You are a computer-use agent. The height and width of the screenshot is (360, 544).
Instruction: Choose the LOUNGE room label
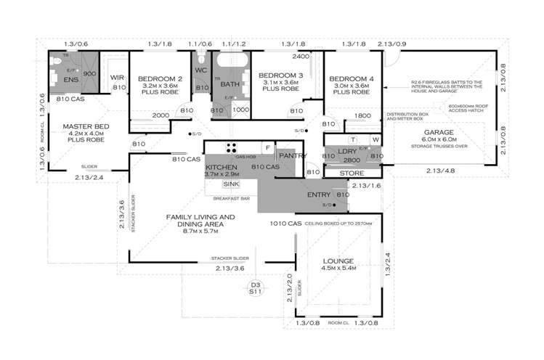point(339,261)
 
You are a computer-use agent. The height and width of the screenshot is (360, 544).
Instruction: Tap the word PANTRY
point(292,155)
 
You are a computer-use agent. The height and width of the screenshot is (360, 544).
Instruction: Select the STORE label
point(351,173)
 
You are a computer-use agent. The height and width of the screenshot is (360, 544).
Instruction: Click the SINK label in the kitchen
point(231,184)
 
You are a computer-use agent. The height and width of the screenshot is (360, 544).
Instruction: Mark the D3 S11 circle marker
point(255,288)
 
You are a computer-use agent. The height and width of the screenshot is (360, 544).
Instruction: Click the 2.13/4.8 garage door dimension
point(442,171)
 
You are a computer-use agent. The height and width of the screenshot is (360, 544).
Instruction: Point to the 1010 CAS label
point(285,224)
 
